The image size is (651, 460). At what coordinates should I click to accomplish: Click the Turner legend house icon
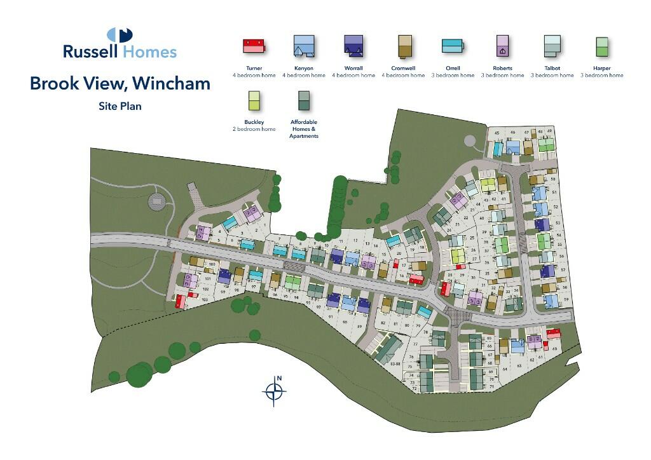point(254,46)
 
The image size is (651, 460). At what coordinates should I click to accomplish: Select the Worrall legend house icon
point(352,46)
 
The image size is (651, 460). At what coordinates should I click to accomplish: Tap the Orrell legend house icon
point(453,46)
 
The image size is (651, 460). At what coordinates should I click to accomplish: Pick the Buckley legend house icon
point(254,100)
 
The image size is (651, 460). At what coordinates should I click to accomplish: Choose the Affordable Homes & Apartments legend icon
point(303,100)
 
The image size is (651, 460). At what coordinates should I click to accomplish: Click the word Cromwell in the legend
point(403,68)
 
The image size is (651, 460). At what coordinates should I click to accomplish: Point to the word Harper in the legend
point(601,68)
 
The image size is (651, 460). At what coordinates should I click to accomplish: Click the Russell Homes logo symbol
point(120,34)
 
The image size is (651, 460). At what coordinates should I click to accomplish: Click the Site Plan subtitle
point(120,106)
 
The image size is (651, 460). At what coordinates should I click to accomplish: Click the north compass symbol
point(275,391)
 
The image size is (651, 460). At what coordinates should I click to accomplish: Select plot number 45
point(497,133)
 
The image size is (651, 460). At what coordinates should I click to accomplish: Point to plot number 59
point(566,299)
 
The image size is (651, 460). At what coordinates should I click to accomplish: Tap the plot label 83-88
point(395,363)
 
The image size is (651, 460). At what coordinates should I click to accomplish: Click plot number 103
point(204,299)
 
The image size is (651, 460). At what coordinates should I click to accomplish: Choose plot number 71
point(491,386)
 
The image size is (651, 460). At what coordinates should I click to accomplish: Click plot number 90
point(344,322)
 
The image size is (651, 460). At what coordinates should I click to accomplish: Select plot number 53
point(556,224)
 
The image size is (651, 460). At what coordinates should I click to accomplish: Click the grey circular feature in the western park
point(156,202)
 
